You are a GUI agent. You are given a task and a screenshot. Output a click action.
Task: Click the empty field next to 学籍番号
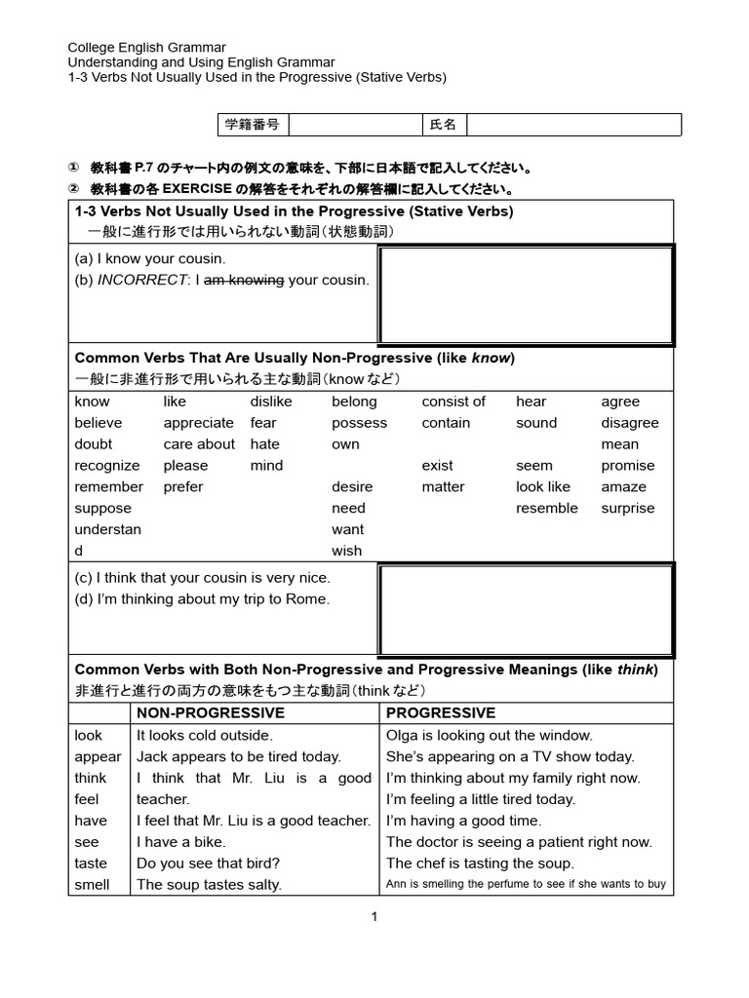pos(354,125)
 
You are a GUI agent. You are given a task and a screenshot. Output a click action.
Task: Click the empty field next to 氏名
pos(573,125)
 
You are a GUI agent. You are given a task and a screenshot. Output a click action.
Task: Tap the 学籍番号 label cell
pos(252,125)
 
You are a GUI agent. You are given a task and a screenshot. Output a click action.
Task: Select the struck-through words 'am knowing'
pos(243,280)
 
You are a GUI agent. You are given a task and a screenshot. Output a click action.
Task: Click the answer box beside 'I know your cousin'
pos(526,295)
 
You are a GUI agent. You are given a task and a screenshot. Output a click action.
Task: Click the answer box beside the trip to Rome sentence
pos(526,610)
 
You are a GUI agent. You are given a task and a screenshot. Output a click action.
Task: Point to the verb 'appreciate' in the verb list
pos(198,423)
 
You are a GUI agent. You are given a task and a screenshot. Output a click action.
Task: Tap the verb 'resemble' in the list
pos(546,508)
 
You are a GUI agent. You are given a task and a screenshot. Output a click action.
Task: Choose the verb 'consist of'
pos(453,402)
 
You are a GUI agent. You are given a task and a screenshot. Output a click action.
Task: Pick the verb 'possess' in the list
pos(359,423)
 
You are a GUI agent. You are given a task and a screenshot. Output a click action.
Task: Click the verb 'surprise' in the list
pos(628,508)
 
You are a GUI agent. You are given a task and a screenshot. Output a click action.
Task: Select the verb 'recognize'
pos(106,466)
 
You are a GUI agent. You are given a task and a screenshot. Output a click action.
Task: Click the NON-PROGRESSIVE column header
pos(211,713)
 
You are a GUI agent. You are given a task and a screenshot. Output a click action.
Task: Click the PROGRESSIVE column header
pos(441,713)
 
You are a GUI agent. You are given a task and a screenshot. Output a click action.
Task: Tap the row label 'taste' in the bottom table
pos(91,864)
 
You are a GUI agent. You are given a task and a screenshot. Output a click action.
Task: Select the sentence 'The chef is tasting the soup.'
pos(480,864)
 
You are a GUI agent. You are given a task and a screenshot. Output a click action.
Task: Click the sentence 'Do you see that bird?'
pos(209,864)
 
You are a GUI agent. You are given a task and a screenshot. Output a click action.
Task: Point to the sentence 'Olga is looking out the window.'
pos(489,736)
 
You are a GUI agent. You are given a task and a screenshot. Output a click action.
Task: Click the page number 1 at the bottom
pos(374,916)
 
